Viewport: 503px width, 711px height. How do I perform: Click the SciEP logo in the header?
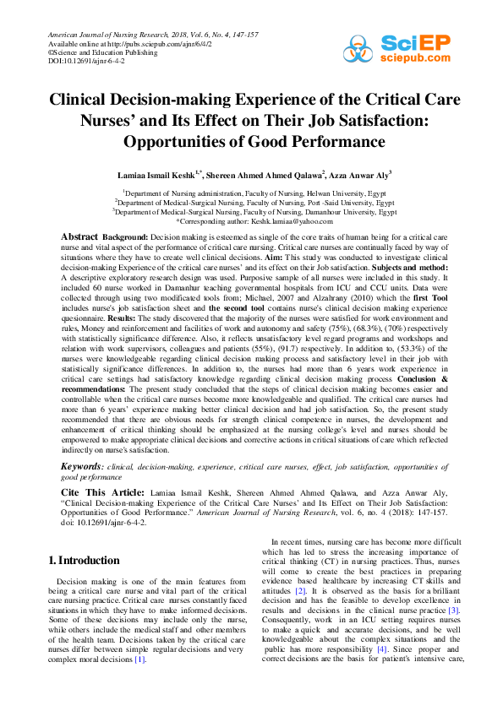[415, 48]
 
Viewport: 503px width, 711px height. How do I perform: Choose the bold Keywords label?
[83, 466]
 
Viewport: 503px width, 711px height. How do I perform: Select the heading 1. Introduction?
[85, 560]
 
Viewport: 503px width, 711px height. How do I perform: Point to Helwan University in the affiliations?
[346, 193]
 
